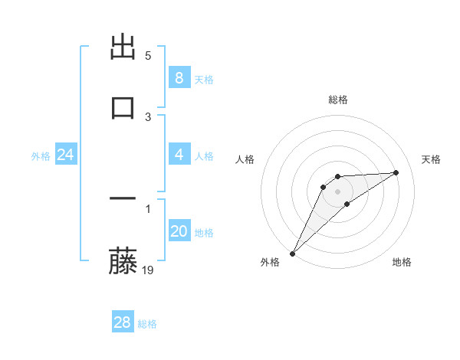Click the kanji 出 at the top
pos(123,48)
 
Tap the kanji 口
pos(123,106)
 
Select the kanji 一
pos(123,199)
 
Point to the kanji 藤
pos(123,260)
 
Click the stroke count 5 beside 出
pos(148,56)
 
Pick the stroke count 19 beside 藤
pos(149,270)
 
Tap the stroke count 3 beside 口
pos(148,117)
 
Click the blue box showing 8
pos(179,78)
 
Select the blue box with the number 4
pos(179,155)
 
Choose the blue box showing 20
pos(179,231)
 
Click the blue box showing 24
pos(65,155)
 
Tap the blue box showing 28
pos(122,323)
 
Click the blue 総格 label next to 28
pos(147,324)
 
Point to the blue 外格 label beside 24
pos(41,156)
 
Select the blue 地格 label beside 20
pos(204,233)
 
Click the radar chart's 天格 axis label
pos(432,159)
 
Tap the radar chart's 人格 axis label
pos(245,159)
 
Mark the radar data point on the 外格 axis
pos(292,254)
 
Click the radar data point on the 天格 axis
pos(396,172)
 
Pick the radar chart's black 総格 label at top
pos(338,100)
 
